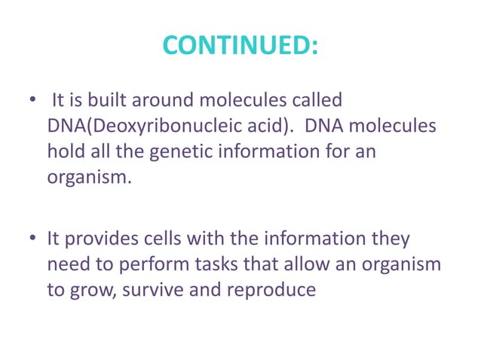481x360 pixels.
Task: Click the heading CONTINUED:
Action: [x=240, y=47]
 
